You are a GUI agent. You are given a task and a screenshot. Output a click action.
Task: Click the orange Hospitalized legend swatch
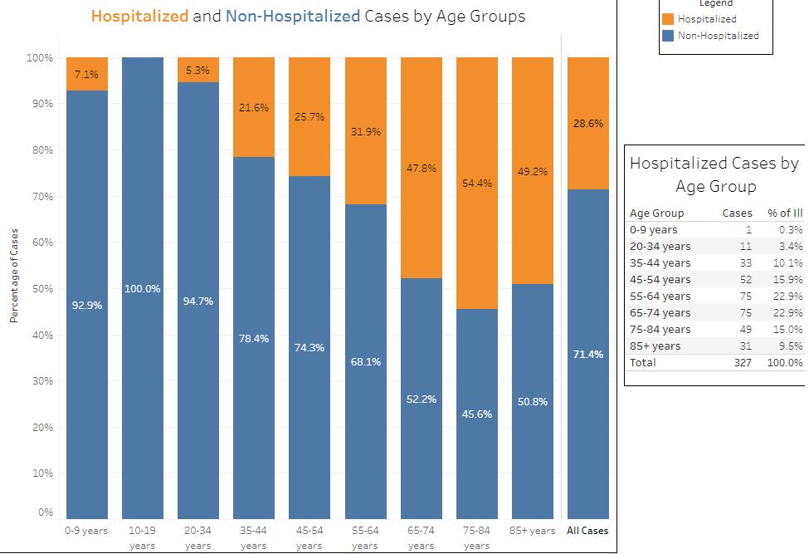click(x=669, y=19)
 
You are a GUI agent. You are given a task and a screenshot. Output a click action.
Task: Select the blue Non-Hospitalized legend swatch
click(x=669, y=36)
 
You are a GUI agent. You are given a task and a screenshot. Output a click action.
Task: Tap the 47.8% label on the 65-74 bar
click(x=421, y=168)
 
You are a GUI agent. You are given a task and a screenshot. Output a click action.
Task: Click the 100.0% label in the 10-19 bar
click(x=143, y=288)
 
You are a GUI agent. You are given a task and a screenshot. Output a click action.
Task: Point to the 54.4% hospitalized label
click(x=477, y=183)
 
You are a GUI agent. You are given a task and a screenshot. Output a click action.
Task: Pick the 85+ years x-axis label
click(x=533, y=531)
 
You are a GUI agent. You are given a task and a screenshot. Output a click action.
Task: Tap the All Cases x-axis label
click(x=587, y=531)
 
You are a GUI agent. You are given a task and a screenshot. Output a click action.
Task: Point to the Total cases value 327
click(x=743, y=362)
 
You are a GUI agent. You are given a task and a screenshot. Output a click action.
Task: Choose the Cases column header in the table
click(x=738, y=213)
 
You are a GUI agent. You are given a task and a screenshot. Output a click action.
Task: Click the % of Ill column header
click(x=785, y=213)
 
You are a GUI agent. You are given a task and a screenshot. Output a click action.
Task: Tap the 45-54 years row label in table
click(x=660, y=279)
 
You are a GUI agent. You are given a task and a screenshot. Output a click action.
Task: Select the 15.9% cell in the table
click(x=789, y=279)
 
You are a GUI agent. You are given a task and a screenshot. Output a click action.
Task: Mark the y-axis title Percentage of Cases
click(x=14, y=274)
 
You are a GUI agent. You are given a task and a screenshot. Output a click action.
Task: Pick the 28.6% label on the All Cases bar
click(x=588, y=123)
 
